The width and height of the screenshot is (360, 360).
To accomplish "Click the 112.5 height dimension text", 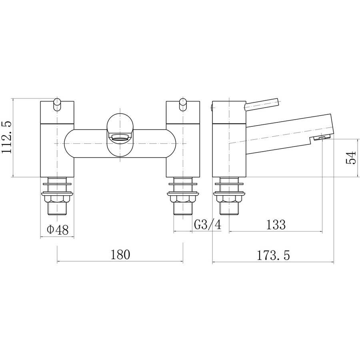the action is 6,138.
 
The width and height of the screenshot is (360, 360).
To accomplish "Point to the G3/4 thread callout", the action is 208,224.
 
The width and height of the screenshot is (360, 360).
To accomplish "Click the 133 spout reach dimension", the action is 276,224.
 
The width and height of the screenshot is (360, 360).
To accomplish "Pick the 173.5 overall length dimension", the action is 273,255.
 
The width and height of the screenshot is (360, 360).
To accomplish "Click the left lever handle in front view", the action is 57,105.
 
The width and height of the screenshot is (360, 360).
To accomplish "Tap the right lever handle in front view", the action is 183,105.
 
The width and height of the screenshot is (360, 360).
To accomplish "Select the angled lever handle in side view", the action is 262,105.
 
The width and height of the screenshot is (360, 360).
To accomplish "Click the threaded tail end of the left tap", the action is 57,209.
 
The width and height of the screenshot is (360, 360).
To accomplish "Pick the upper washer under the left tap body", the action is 57,184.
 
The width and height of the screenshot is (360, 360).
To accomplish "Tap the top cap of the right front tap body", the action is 183,112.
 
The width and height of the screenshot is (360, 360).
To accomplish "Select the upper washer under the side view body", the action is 229,184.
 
